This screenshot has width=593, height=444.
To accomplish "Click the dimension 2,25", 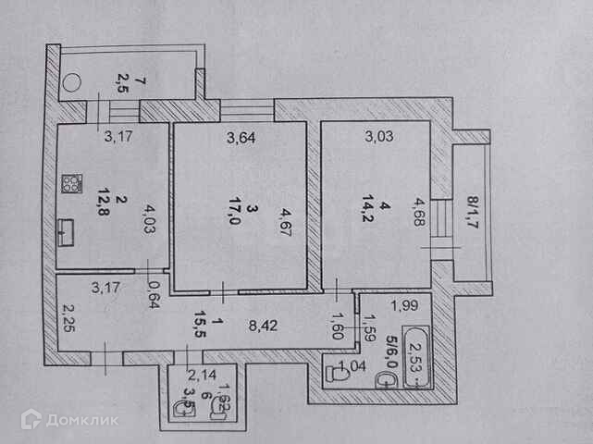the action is (x=68, y=323).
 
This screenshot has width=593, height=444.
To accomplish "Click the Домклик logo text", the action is (x=82, y=421).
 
